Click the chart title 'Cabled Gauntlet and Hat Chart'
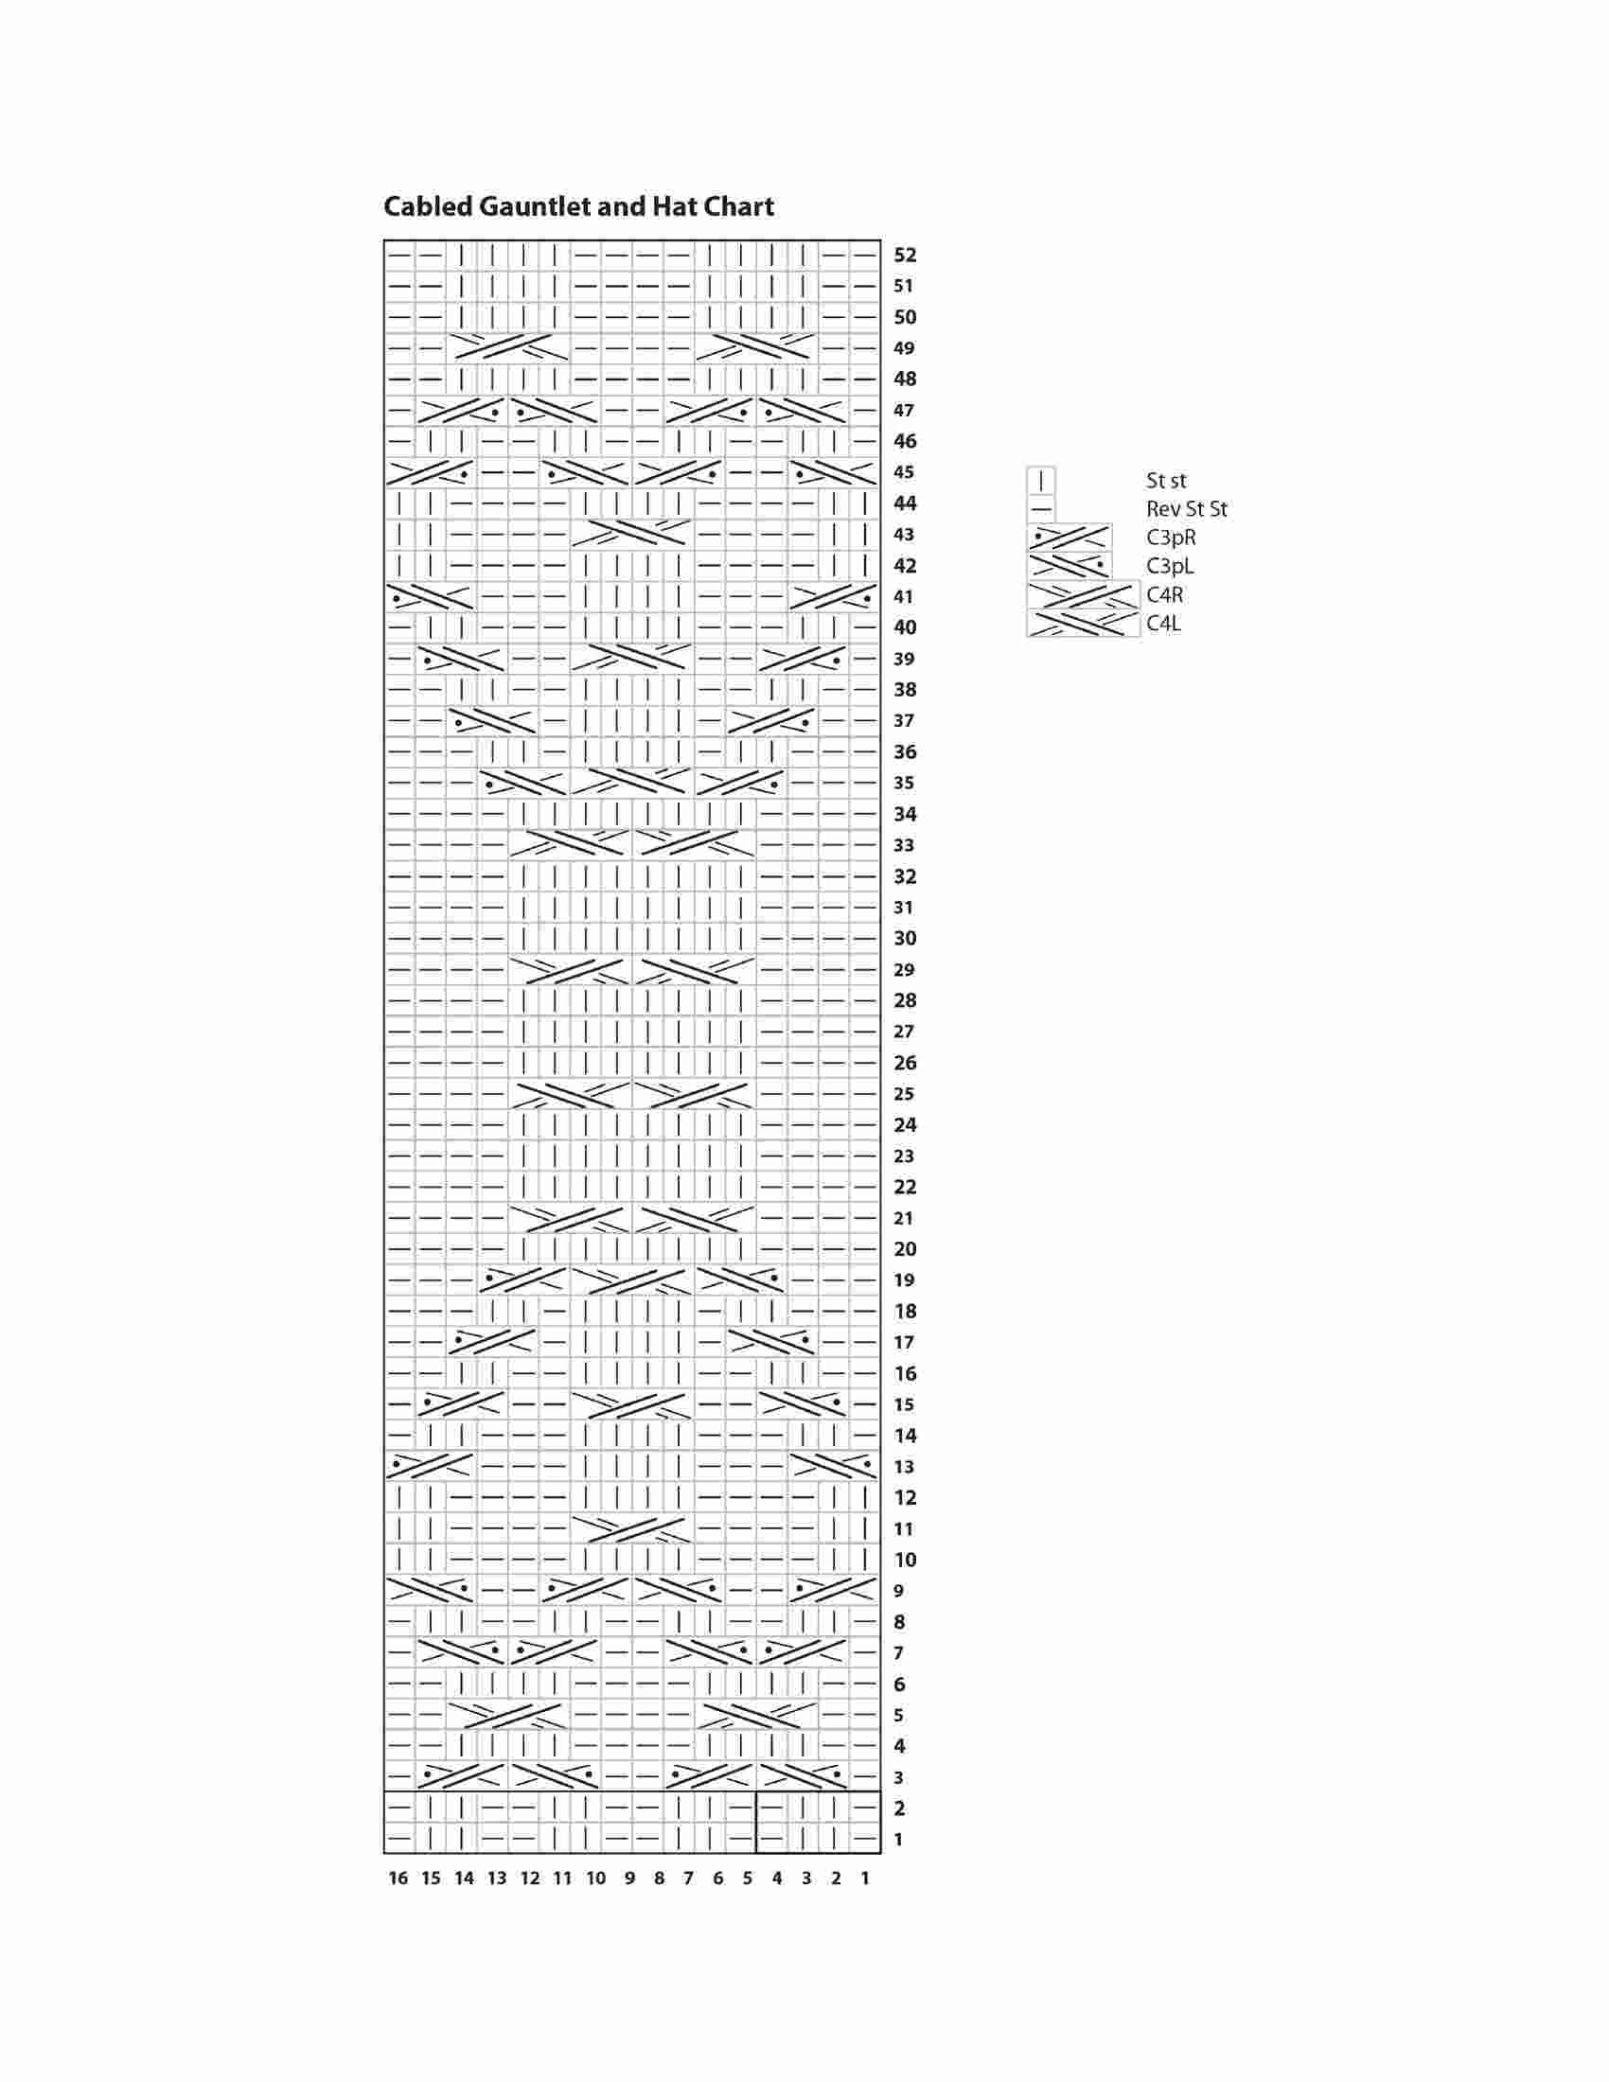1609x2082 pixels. pos(578,207)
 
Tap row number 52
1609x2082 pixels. pos(905,256)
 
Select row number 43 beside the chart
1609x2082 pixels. pos(904,535)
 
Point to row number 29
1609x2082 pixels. pos(904,970)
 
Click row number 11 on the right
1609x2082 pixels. pos(904,1529)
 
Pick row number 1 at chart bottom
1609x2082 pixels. pos(898,1840)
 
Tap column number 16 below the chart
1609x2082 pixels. pos(398,1879)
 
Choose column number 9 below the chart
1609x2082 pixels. pos(629,1879)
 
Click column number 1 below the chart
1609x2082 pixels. pos(864,1879)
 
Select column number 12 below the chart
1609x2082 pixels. pos(530,1879)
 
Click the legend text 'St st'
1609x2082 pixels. pos(1166,482)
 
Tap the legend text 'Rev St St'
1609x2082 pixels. pos(1187,510)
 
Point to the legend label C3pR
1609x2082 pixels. pos(1171,538)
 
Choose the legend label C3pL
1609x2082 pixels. pos(1170,567)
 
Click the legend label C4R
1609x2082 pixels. pos(1165,596)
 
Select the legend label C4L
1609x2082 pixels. pos(1164,625)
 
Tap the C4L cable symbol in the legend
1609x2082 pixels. pos(1083,624)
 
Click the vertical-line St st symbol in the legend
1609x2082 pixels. pos(1041,481)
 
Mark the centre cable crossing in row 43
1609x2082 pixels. pos(632,534)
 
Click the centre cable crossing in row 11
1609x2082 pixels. pos(632,1529)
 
